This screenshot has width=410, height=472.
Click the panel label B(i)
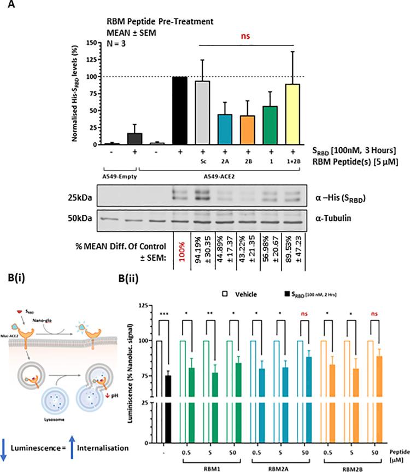(15, 283)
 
